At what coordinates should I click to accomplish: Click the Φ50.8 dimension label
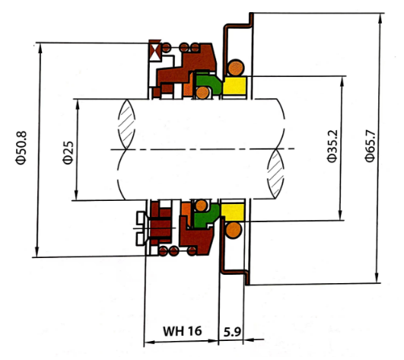(x=21, y=148)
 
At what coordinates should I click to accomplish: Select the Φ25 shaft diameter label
(x=68, y=152)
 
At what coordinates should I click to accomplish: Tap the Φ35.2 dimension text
(x=332, y=146)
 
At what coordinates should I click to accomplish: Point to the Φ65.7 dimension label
(x=370, y=146)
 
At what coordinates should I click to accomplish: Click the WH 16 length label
(x=182, y=331)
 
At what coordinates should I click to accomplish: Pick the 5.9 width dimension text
(x=232, y=332)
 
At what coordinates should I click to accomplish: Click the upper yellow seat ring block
(x=234, y=86)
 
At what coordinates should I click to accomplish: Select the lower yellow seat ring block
(x=233, y=212)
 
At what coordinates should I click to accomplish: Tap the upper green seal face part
(x=208, y=82)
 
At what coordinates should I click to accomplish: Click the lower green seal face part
(x=206, y=215)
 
